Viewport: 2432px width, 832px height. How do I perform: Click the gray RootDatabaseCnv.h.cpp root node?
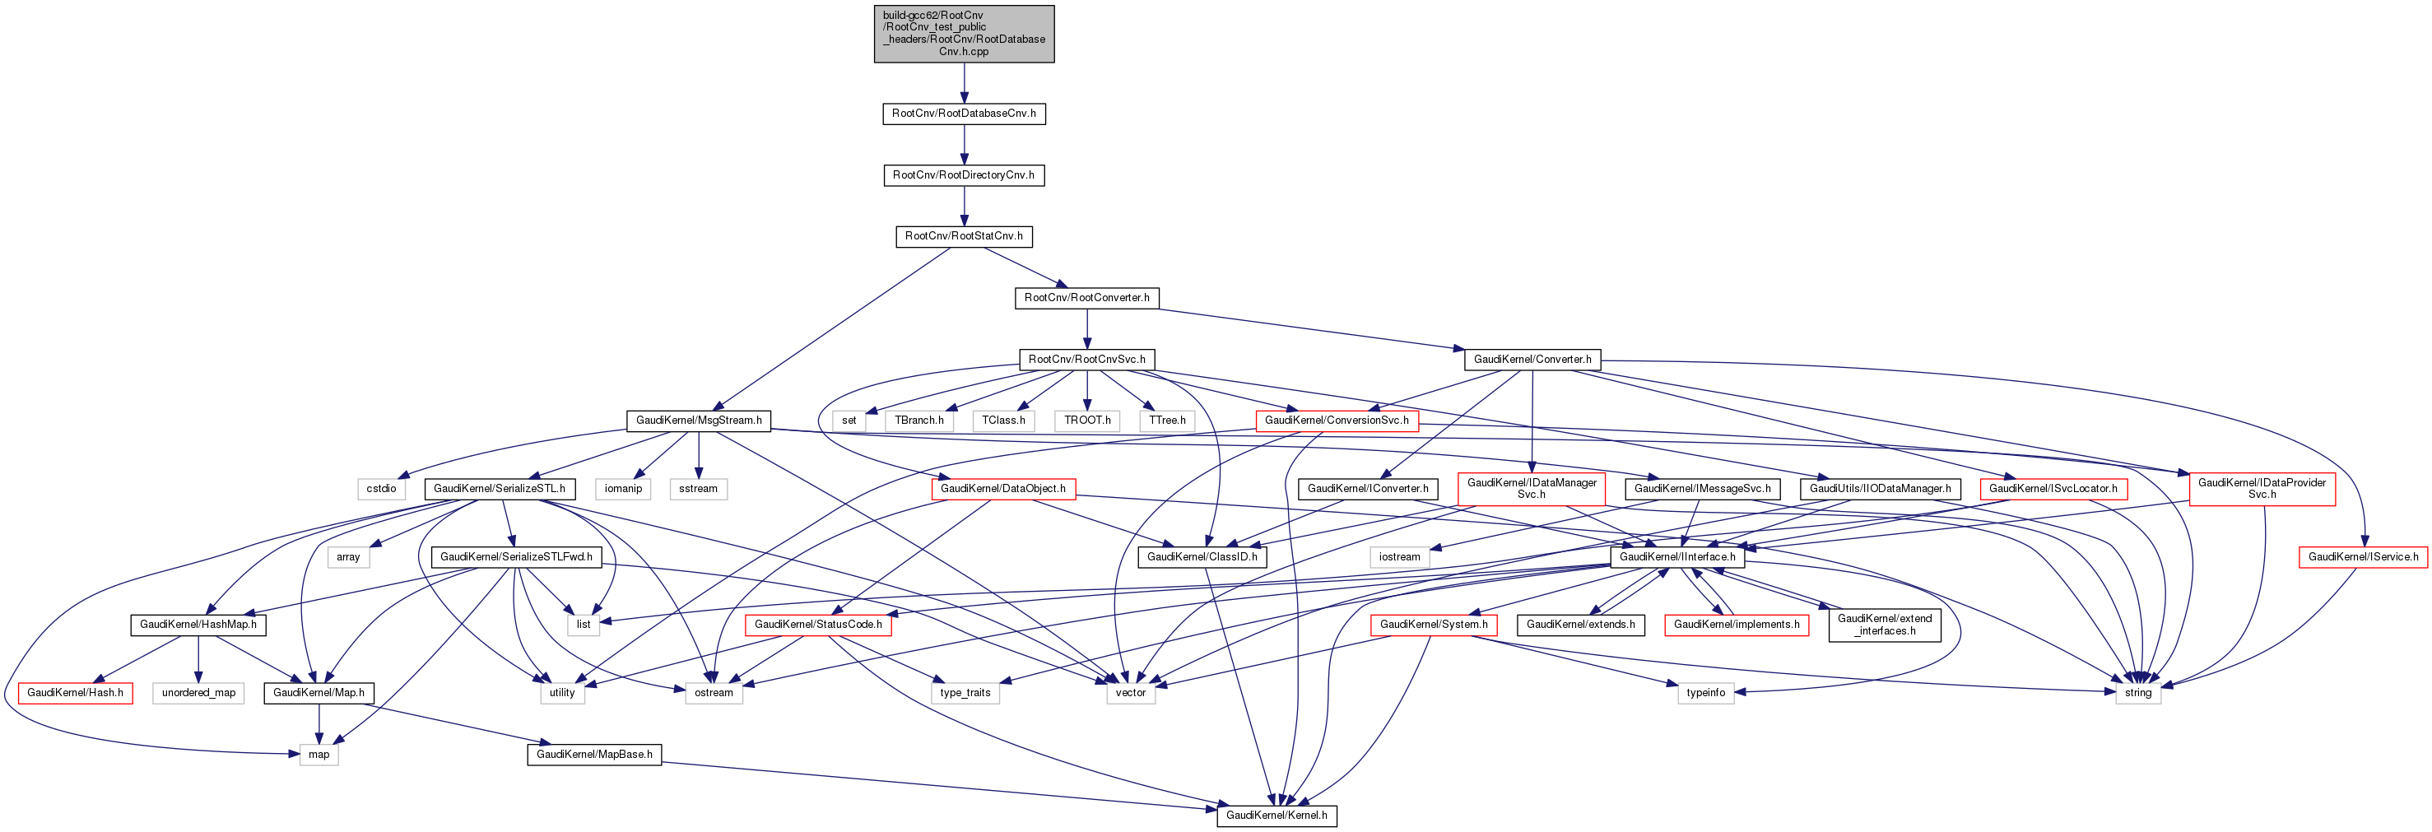coord(963,34)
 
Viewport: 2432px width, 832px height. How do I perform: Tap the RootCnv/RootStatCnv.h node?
coord(963,236)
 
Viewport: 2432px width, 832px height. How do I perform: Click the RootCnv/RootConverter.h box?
coord(1086,297)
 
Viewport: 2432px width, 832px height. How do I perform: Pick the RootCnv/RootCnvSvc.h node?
coord(1086,360)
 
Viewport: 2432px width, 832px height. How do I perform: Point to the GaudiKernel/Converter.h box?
coord(1532,360)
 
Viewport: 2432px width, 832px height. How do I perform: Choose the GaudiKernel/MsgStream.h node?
coord(699,421)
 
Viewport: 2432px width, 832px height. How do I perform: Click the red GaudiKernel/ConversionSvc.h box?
coord(1336,421)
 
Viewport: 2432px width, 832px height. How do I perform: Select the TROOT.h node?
coord(1086,421)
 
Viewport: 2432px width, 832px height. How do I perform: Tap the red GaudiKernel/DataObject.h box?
coord(1002,488)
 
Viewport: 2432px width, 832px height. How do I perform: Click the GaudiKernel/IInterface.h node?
coord(1676,557)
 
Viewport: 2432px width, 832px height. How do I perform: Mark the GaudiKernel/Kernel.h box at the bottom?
coord(1276,815)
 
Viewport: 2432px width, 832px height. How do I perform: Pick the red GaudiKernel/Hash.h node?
coord(75,693)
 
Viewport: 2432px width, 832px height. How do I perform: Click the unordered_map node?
coord(198,693)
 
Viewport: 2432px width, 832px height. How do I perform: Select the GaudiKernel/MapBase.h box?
coord(594,755)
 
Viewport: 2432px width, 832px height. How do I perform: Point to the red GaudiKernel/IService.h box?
coord(2363,557)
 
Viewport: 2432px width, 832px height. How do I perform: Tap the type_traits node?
coord(965,693)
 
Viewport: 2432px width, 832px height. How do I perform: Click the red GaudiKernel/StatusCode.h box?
coord(817,625)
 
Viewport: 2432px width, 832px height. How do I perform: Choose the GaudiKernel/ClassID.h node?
coord(1202,557)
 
